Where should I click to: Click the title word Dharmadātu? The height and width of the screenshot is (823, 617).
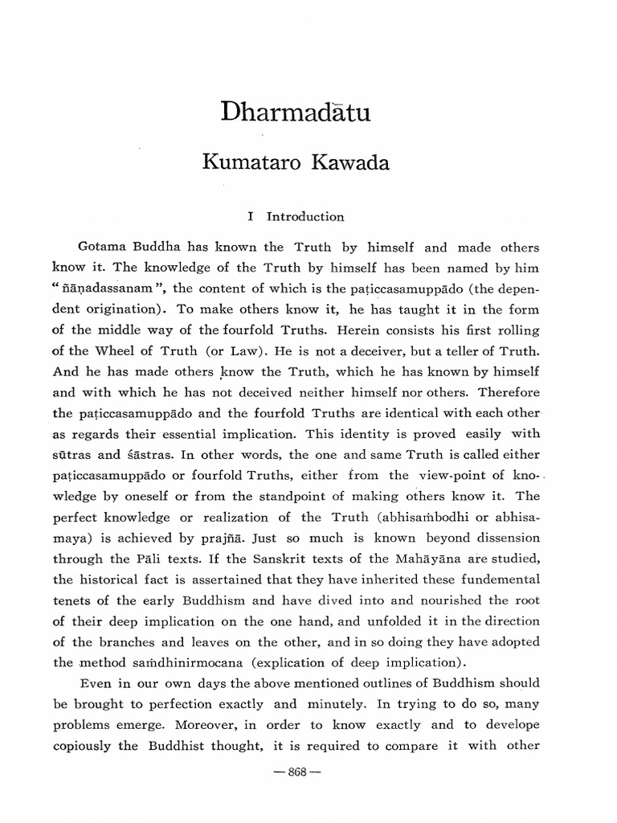pyautogui.click(x=295, y=112)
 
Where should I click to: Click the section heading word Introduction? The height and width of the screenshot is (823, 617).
pyautogui.click(x=305, y=216)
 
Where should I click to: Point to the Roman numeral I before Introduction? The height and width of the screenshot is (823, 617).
pyautogui.click(x=251, y=216)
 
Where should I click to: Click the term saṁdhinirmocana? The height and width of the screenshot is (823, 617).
pyautogui.click(x=168, y=663)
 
